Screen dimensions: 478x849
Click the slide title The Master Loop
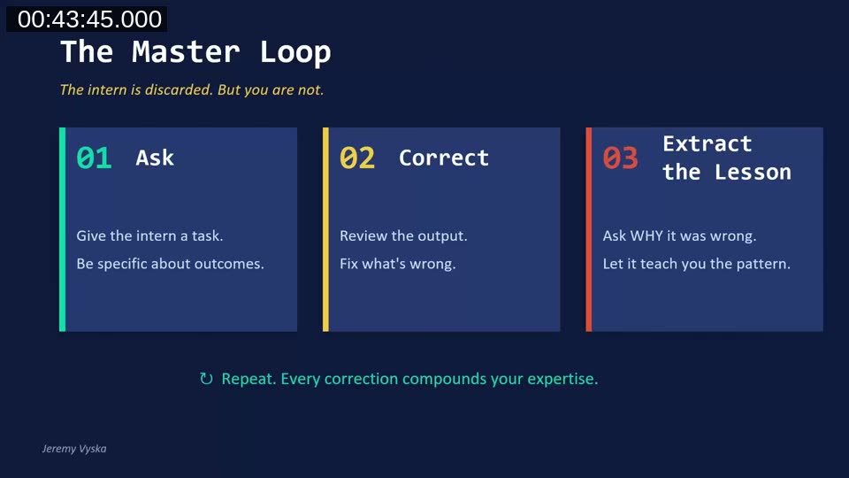195,52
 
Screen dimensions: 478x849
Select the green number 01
94,158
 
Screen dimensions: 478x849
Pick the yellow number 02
357,158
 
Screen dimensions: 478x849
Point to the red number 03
620,158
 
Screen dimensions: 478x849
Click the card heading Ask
155,158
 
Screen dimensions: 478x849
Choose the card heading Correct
443,158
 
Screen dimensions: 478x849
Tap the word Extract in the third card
707,143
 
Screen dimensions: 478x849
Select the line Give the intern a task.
149,236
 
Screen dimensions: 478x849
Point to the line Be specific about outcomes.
170,264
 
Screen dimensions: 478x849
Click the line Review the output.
403,236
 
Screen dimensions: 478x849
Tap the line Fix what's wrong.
397,264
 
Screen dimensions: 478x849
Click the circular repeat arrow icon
206,379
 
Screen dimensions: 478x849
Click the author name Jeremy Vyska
74,449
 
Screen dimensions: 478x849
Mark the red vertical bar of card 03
589,229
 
